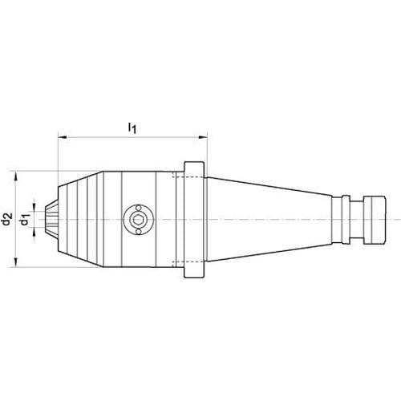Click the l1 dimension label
click(x=132, y=128)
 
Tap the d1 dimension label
click(x=25, y=220)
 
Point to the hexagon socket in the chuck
click(x=138, y=220)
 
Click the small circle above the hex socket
click(x=138, y=208)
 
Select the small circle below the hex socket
click(x=138, y=232)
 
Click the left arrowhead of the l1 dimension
click(x=63, y=137)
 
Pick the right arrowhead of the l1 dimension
click(x=203, y=137)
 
